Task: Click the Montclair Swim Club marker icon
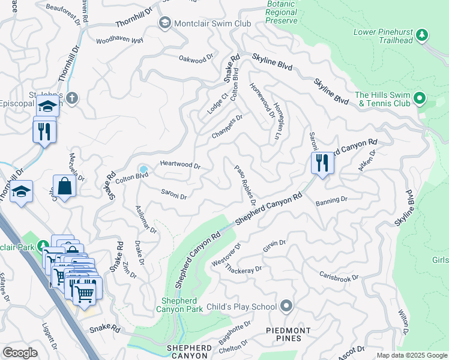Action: click(x=164, y=23)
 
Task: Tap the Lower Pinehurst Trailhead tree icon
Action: click(x=422, y=35)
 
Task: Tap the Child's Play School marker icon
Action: click(x=286, y=307)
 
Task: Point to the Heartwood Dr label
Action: click(x=179, y=164)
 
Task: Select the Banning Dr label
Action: click(x=331, y=199)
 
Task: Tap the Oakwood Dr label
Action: click(x=196, y=58)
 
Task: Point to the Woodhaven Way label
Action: click(x=120, y=41)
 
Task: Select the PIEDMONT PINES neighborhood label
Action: click(x=289, y=334)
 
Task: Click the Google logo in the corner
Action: click(x=20, y=353)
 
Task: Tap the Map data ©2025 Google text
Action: click(x=411, y=355)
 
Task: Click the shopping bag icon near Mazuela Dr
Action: click(x=65, y=185)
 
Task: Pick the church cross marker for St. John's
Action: click(x=71, y=98)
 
